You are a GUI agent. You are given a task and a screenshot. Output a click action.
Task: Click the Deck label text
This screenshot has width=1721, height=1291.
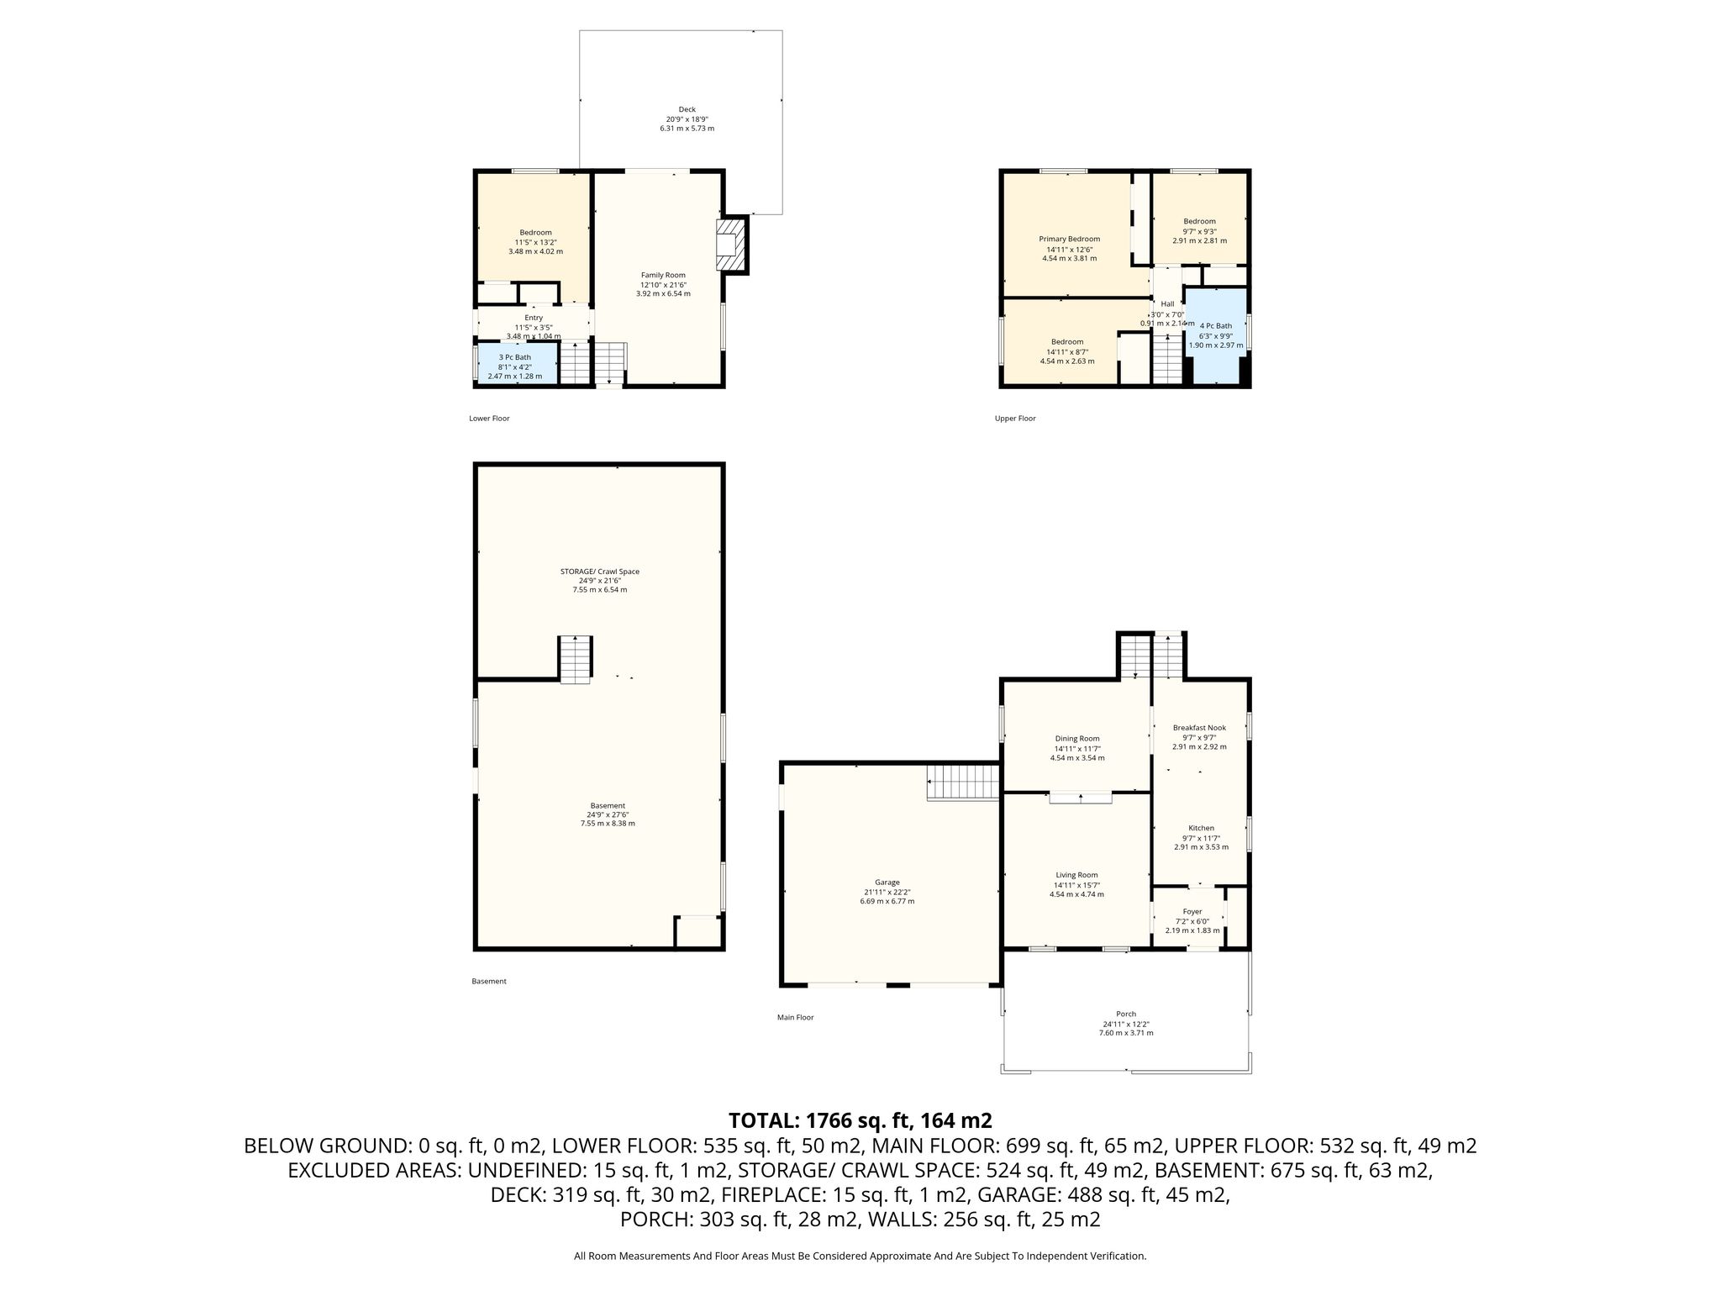[687, 109]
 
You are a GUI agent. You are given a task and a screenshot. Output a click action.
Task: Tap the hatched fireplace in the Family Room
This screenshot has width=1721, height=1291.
[730, 245]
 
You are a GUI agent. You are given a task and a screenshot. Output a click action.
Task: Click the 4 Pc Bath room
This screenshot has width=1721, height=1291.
[1215, 335]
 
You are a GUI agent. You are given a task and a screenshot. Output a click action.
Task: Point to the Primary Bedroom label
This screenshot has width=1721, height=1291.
[1069, 239]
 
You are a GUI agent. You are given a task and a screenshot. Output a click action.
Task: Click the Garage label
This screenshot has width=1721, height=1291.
[887, 883]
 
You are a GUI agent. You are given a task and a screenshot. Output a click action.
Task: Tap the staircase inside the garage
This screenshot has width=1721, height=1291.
[963, 783]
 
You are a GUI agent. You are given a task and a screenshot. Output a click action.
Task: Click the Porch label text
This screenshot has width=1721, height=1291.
[1126, 1014]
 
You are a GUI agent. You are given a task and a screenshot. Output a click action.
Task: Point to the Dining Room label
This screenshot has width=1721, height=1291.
[1077, 739]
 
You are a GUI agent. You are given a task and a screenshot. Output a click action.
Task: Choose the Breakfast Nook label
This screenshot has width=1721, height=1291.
[1199, 728]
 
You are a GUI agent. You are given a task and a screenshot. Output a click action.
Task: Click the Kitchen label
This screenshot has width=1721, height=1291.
[1201, 828]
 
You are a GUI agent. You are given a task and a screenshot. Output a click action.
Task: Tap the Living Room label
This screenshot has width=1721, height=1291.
[1076, 875]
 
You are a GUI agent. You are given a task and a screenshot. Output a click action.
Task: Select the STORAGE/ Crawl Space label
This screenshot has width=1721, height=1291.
[600, 572]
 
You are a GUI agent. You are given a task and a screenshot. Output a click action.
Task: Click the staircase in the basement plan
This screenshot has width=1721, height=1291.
[576, 660]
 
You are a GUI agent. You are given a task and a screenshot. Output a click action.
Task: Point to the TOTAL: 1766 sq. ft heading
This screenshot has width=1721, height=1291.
[860, 1120]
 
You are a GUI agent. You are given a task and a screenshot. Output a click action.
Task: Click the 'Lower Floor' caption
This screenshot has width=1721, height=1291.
[489, 419]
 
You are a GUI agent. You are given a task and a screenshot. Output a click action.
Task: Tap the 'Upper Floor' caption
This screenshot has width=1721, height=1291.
[1015, 419]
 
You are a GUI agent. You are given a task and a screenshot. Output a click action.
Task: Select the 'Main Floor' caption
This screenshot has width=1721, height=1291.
[795, 1018]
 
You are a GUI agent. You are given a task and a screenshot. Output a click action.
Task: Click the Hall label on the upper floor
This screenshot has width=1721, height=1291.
[1167, 304]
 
